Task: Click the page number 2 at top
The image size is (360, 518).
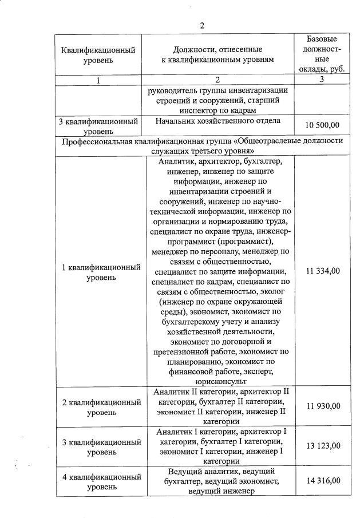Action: [x=201, y=25]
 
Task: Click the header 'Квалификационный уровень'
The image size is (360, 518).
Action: [x=98, y=54]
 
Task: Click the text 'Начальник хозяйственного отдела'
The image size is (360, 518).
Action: [x=218, y=121]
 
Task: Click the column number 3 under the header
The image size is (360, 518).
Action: [x=322, y=80]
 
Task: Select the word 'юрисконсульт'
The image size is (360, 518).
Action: [x=220, y=381]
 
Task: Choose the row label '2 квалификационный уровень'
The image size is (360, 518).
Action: [x=101, y=407]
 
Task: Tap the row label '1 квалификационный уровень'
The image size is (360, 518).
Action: [x=101, y=272]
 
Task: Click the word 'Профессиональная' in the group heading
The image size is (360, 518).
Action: [x=97, y=141]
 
